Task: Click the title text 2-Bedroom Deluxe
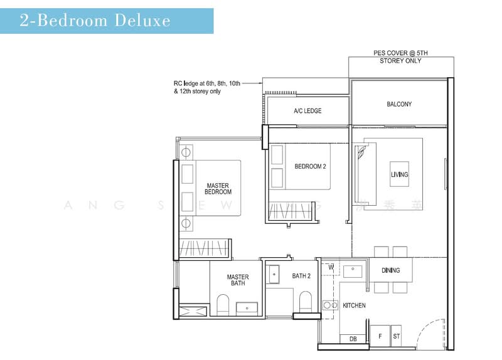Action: [x=95, y=20]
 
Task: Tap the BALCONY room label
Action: [x=399, y=104]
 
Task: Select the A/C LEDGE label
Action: [x=307, y=111]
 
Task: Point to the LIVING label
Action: [x=399, y=174]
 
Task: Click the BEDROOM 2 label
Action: [x=310, y=166]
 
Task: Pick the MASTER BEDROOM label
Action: [x=219, y=188]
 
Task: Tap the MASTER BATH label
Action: [x=238, y=280]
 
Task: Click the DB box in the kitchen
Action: [x=353, y=339]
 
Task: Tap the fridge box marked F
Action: [x=379, y=336]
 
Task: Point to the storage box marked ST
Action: [x=397, y=336]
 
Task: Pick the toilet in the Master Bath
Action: [x=223, y=305]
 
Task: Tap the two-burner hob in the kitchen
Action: [x=329, y=305]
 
